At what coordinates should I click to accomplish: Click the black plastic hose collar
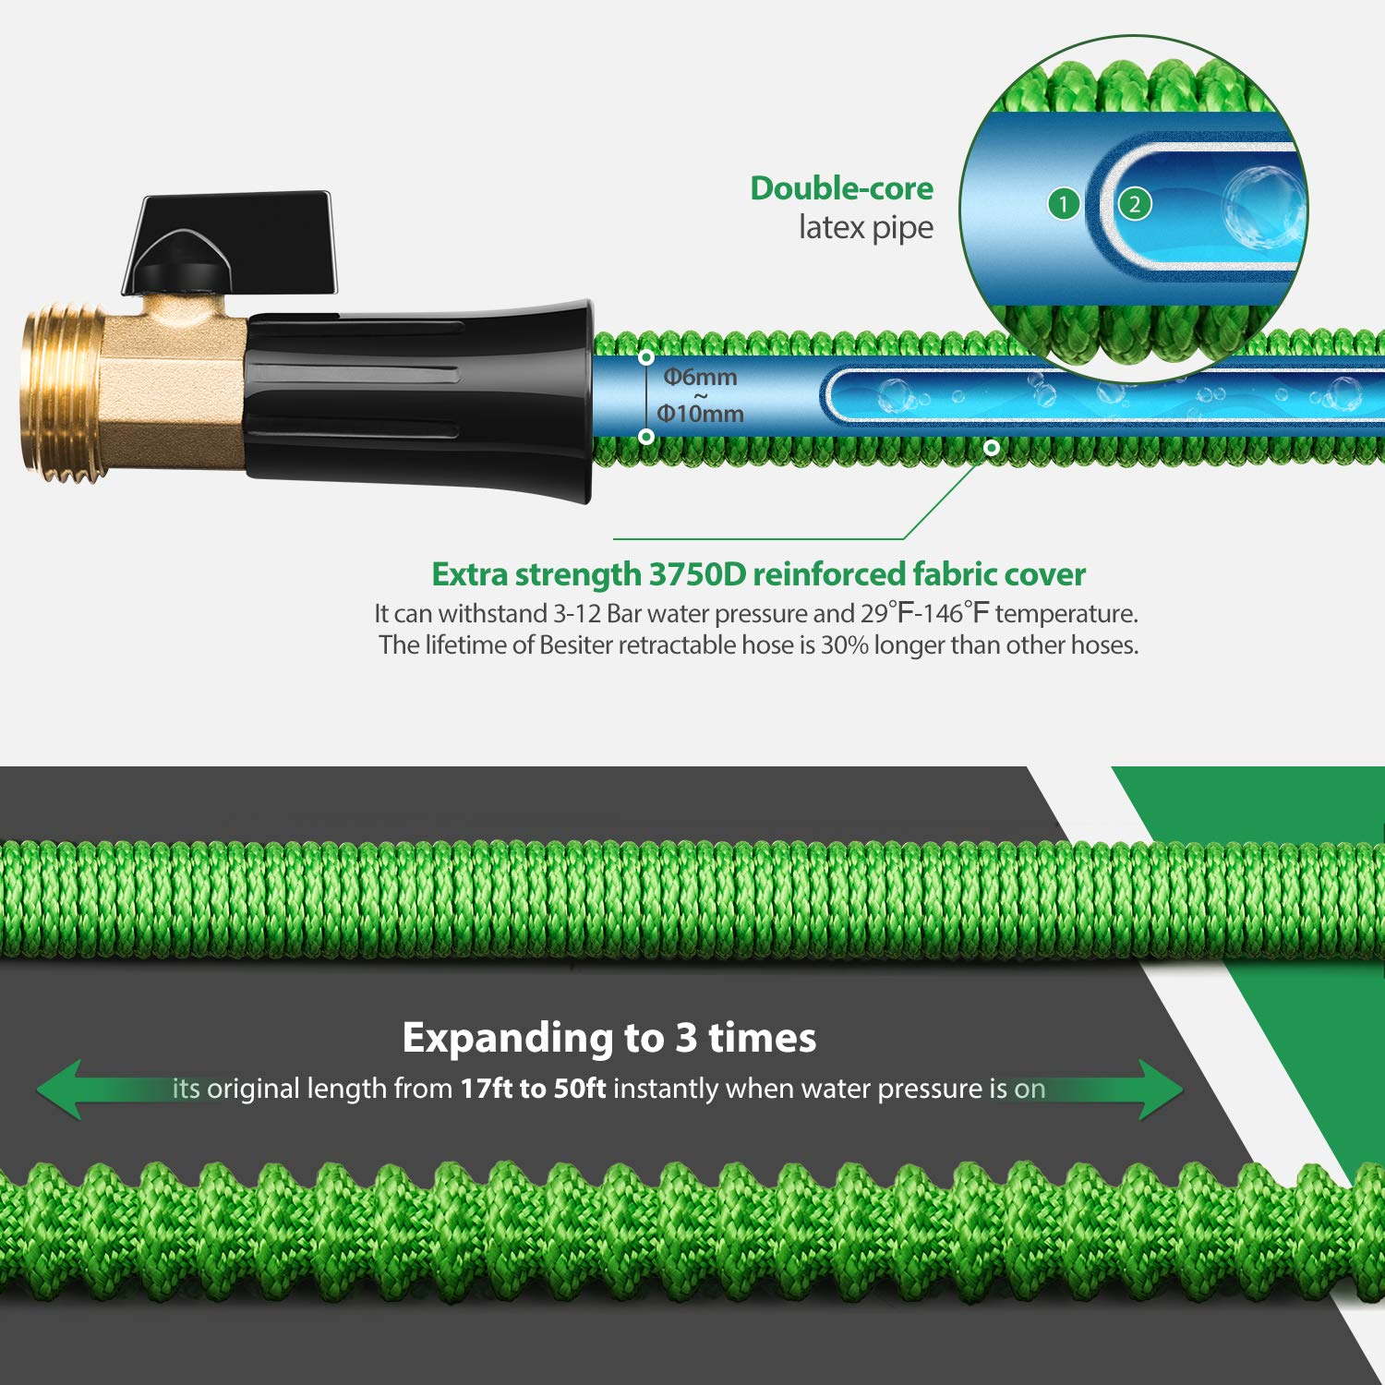415,397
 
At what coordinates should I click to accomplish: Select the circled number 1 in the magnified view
1064,204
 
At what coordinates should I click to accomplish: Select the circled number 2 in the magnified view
1135,204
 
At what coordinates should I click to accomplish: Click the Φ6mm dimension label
701,377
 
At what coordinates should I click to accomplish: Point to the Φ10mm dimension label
701,414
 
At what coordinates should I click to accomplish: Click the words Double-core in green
841,188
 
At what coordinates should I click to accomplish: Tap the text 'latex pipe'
865,227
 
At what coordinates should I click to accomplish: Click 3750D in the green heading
697,574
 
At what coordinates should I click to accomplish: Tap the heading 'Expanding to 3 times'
609,1038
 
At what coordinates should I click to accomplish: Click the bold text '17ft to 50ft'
533,1089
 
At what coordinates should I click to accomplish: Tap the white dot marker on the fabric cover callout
992,448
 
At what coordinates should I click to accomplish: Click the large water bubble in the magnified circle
1262,206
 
